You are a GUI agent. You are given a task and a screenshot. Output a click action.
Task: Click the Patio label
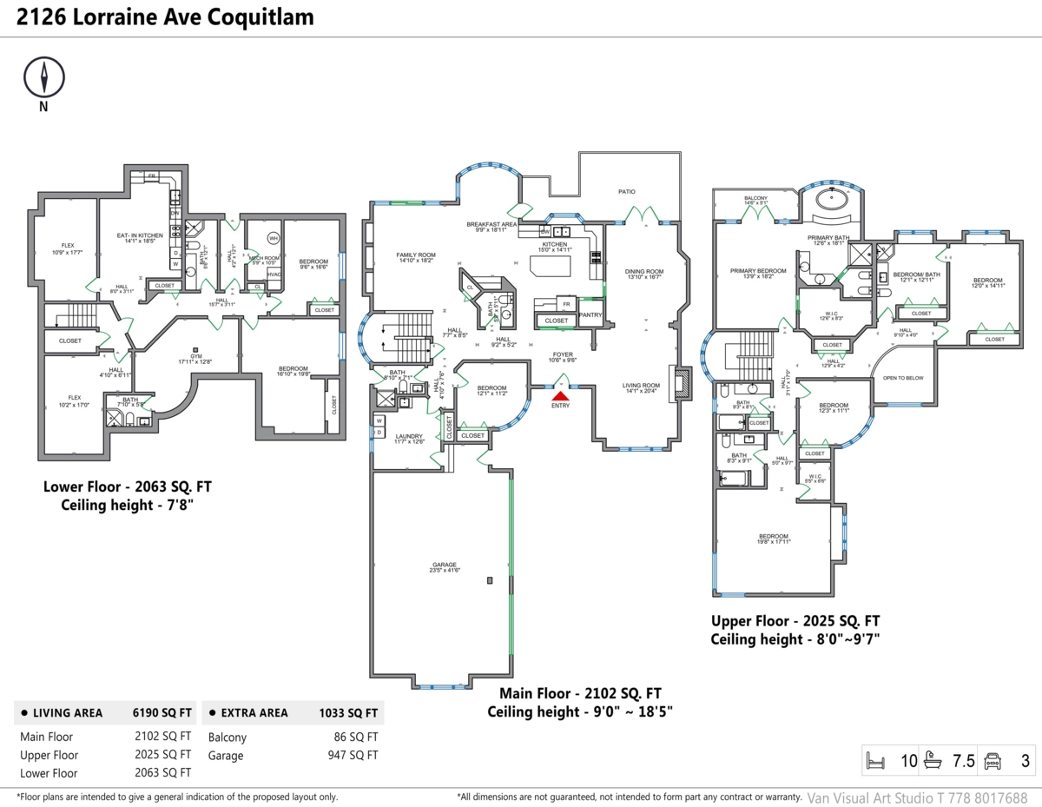(x=626, y=191)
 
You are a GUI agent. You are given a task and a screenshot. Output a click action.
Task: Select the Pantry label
(x=590, y=315)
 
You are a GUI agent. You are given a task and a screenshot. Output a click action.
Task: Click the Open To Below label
(x=903, y=378)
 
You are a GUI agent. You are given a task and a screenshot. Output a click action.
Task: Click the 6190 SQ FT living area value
(x=162, y=713)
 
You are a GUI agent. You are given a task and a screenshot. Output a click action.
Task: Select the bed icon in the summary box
(x=875, y=762)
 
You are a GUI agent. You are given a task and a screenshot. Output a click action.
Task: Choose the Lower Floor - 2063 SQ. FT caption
(x=126, y=486)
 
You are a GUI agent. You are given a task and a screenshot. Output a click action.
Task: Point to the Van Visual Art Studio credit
(x=917, y=797)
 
